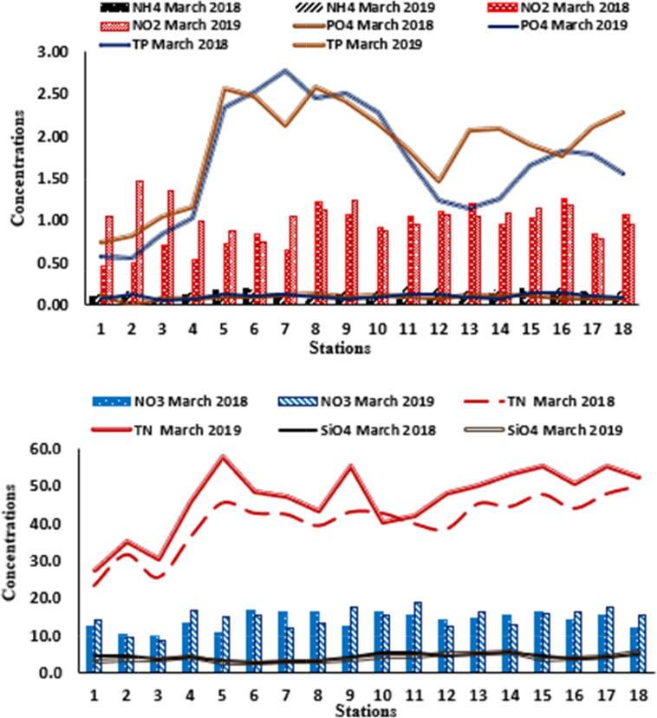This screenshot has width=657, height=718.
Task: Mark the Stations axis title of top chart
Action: [x=341, y=349]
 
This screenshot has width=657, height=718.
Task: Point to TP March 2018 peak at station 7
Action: [x=284, y=70]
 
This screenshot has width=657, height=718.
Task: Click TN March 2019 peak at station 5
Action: [x=224, y=456]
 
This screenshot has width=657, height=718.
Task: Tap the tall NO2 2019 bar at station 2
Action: [x=140, y=243]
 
